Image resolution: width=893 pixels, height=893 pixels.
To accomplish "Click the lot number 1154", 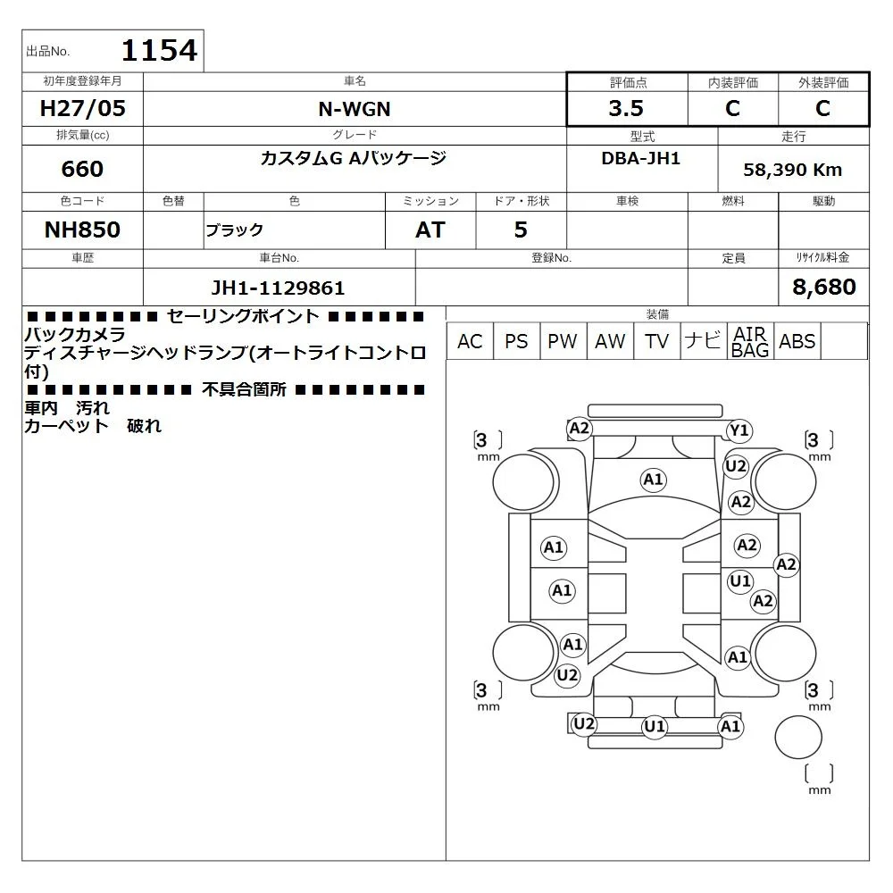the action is click(160, 50).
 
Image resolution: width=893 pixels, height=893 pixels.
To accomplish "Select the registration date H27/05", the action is click(82, 108).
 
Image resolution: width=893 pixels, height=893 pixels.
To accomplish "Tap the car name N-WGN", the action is click(355, 109).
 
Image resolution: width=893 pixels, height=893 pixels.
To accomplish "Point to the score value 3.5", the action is click(626, 108).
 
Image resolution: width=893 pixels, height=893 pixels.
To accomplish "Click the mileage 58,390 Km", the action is click(793, 170).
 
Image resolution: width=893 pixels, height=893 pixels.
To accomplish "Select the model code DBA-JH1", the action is click(640, 158).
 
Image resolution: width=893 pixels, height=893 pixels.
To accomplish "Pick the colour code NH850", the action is click(82, 230).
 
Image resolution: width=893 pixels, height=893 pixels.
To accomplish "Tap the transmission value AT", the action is click(430, 230).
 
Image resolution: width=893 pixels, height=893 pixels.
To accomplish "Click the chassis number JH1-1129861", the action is click(278, 288).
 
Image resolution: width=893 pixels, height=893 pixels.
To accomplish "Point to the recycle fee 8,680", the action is click(824, 287).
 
